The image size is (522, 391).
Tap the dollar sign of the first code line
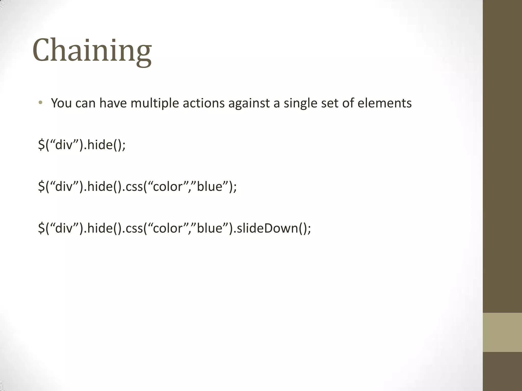pos(41,145)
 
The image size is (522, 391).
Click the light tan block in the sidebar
pos(502,332)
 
